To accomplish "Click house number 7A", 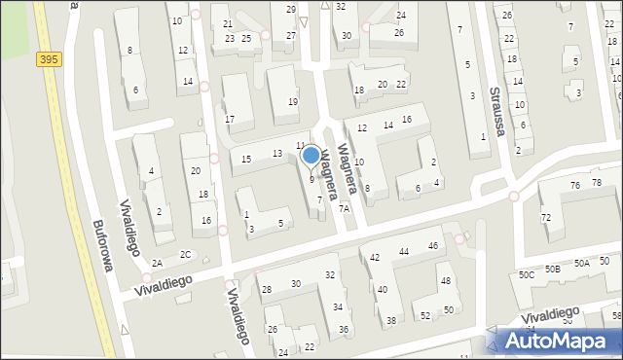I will point(344,209).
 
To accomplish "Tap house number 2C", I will point(185,256).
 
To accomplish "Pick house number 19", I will point(292,102).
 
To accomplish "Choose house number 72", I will point(546,217).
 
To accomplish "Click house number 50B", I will point(553,269).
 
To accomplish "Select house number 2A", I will point(157,263).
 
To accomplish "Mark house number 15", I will point(246,159).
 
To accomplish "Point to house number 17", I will point(230,120).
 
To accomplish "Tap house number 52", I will point(425,316).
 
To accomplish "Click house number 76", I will point(574,185).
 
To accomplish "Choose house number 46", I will point(432,246).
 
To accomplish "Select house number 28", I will point(267,290).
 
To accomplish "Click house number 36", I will point(344,330).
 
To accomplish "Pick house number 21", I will point(228,23).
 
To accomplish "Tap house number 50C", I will point(527,275).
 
